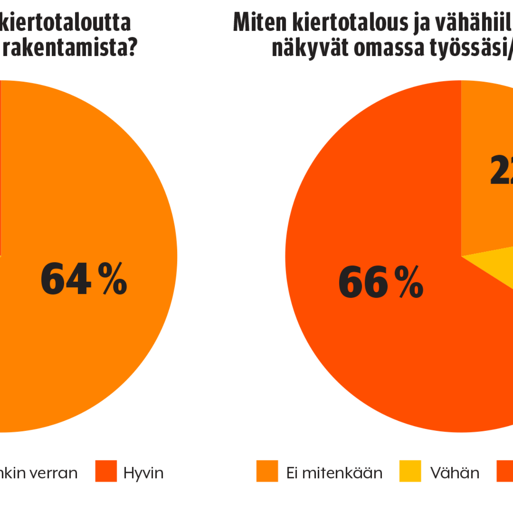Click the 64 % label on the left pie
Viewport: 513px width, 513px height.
pyautogui.click(x=84, y=279)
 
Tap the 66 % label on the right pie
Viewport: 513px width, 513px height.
pyautogui.click(x=381, y=282)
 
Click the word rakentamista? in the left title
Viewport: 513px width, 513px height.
pyautogui.click(x=71, y=48)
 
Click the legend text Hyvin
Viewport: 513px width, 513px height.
pyautogui.click(x=143, y=473)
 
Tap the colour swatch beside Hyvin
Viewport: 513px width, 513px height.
pyautogui.click(x=106, y=471)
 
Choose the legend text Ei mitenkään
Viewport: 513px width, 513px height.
pyautogui.click(x=334, y=473)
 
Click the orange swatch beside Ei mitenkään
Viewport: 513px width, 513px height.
pyautogui.click(x=267, y=471)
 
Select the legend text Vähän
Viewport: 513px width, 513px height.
pyautogui.click(x=454, y=473)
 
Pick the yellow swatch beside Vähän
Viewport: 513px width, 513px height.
pyautogui.click(x=410, y=471)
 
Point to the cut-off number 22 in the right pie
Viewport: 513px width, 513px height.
pyautogui.click(x=501, y=170)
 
